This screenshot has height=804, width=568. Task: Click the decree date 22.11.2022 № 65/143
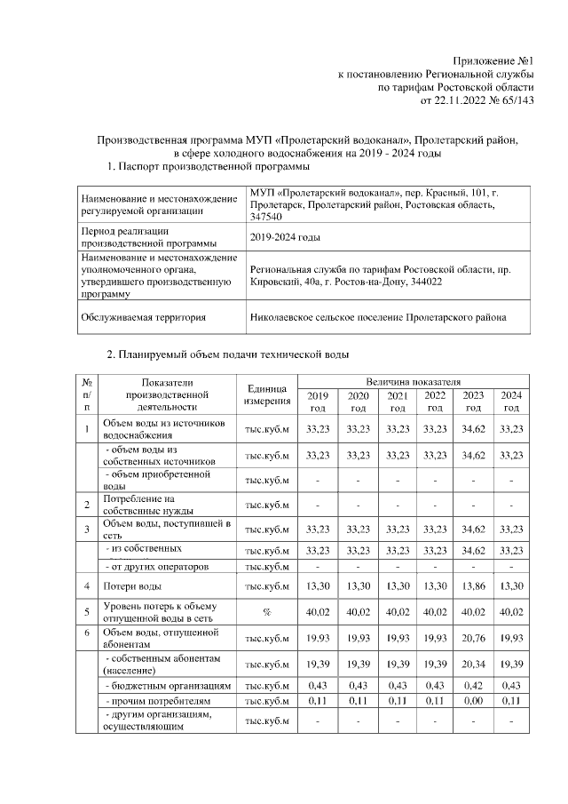477,100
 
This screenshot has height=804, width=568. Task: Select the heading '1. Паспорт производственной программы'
208,166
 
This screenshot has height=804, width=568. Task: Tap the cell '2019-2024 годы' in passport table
285,238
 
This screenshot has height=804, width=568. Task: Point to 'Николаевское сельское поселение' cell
379,316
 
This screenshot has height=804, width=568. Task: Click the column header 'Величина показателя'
409,380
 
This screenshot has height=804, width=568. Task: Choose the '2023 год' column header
473,401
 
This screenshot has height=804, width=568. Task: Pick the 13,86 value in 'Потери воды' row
473,587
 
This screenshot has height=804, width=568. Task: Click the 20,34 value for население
473,664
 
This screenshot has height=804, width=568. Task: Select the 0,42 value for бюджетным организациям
473,687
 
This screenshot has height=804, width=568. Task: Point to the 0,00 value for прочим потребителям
473,702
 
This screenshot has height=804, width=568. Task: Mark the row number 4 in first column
87,587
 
